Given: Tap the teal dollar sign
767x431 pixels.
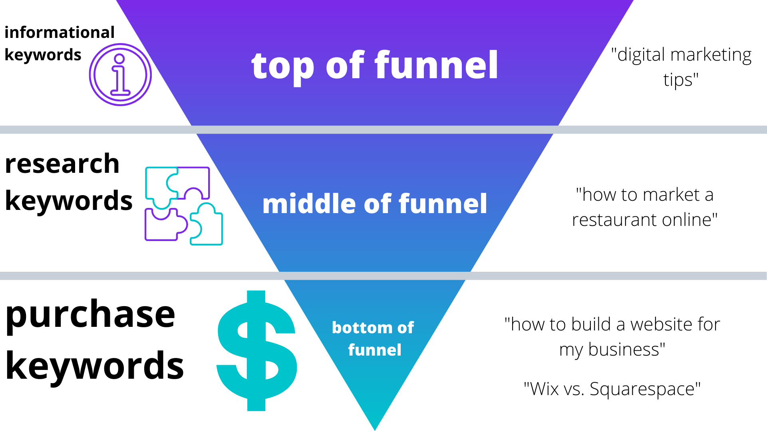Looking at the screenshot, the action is pos(256,351).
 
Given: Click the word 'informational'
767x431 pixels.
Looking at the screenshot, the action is pos(60,32).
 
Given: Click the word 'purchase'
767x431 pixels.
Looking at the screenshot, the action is pos(90,315).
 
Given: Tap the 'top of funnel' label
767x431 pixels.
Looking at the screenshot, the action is pos(375,66).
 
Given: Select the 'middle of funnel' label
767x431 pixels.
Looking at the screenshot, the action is pos(375,204).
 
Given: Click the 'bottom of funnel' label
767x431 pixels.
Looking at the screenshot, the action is pos(373,338).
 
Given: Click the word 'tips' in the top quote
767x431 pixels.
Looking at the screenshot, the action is pos(681,80).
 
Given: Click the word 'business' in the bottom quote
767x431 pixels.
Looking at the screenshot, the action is pos(626,350).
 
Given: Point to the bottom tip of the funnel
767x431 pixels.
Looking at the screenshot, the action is pos(375,430).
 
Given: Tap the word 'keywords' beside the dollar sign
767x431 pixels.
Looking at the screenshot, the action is pos(95,366).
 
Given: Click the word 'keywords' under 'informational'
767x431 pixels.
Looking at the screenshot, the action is pos(43,55).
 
